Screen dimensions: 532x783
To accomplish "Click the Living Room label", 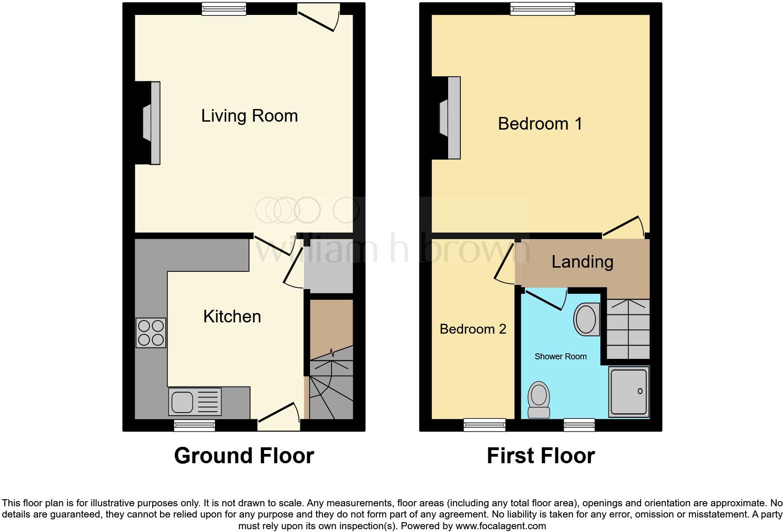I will tap(249, 116).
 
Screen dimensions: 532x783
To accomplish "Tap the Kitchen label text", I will tap(232, 317).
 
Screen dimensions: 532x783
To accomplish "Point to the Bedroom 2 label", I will tap(473, 329).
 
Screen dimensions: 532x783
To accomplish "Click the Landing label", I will tap(582, 262).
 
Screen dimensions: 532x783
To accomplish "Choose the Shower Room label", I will tap(560, 357).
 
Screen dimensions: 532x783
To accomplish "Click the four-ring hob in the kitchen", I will tap(151, 332).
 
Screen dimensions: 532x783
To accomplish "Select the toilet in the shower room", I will tap(539, 400).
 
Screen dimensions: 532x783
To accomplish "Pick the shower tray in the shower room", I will tap(628, 392).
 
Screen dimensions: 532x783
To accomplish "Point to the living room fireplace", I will tap(151, 123).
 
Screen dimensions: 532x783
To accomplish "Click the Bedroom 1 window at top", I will tap(542, 8).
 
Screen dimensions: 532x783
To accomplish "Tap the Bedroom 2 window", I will tap(484, 424).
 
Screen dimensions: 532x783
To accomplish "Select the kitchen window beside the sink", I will tap(194, 425).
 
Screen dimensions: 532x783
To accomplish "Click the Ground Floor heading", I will tap(244, 455).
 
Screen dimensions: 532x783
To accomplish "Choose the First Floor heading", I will tap(540, 455).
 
